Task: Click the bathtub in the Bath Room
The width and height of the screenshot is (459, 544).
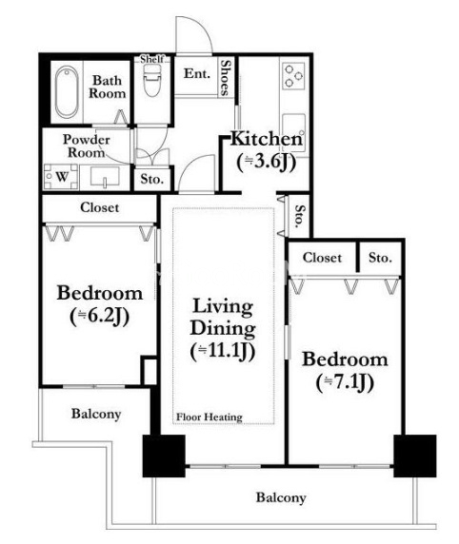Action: pyautogui.click(x=67, y=91)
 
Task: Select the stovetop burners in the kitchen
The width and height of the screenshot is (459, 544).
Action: pyautogui.click(x=293, y=75)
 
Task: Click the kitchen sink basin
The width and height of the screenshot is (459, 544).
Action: pyautogui.click(x=294, y=132)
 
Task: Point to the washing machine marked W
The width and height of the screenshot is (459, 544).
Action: pyautogui.click(x=61, y=177)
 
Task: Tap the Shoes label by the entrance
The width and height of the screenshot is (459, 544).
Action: pyautogui.click(x=226, y=78)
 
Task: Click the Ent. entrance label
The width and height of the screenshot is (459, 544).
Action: pyautogui.click(x=197, y=73)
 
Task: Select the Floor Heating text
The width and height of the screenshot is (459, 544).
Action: pyautogui.click(x=210, y=417)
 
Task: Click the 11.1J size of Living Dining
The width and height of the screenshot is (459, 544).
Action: pyautogui.click(x=223, y=351)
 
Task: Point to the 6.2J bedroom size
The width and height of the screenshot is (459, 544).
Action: pyautogui.click(x=99, y=317)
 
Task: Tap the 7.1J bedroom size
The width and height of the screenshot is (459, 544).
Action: pyautogui.click(x=345, y=382)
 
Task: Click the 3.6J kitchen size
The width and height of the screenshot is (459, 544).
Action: pyautogui.click(x=266, y=162)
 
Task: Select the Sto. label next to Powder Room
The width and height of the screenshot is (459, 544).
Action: pyautogui.click(x=152, y=179)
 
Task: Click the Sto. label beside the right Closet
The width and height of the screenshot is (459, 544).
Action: pyautogui.click(x=380, y=258)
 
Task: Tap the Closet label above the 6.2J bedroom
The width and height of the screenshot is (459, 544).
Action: pyautogui.click(x=99, y=207)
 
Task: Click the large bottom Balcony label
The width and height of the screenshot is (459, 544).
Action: pyautogui.click(x=281, y=497)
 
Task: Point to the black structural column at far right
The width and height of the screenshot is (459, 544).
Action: pyautogui.click(x=415, y=456)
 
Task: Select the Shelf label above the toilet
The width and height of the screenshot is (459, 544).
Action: pyautogui.click(x=151, y=59)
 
